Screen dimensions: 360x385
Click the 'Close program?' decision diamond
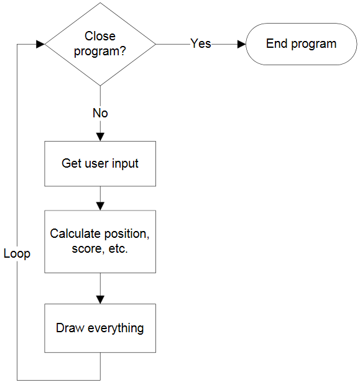point(100,44)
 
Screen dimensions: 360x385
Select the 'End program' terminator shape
point(301,44)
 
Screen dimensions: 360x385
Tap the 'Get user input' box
point(100,163)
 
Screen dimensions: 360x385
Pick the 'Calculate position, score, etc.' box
point(100,242)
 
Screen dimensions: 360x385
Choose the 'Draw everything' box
point(100,328)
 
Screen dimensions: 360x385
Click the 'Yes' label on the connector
point(201,43)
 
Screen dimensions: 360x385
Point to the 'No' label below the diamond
point(100,113)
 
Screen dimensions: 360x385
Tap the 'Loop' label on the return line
point(17,253)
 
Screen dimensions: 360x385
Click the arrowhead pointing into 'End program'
point(241,44)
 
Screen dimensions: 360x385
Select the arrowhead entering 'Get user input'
point(100,137)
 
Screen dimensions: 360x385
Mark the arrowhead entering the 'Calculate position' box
point(100,206)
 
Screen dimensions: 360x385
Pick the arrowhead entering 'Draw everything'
point(100,300)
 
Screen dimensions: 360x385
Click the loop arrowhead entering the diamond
point(40,44)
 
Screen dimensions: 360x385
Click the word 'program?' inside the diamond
point(100,52)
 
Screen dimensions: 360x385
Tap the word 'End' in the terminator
point(277,43)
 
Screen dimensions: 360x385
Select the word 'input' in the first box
point(125,164)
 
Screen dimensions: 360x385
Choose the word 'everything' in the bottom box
point(116,328)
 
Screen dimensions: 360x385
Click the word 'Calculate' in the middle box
point(73,233)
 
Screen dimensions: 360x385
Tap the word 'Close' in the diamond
point(100,36)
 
